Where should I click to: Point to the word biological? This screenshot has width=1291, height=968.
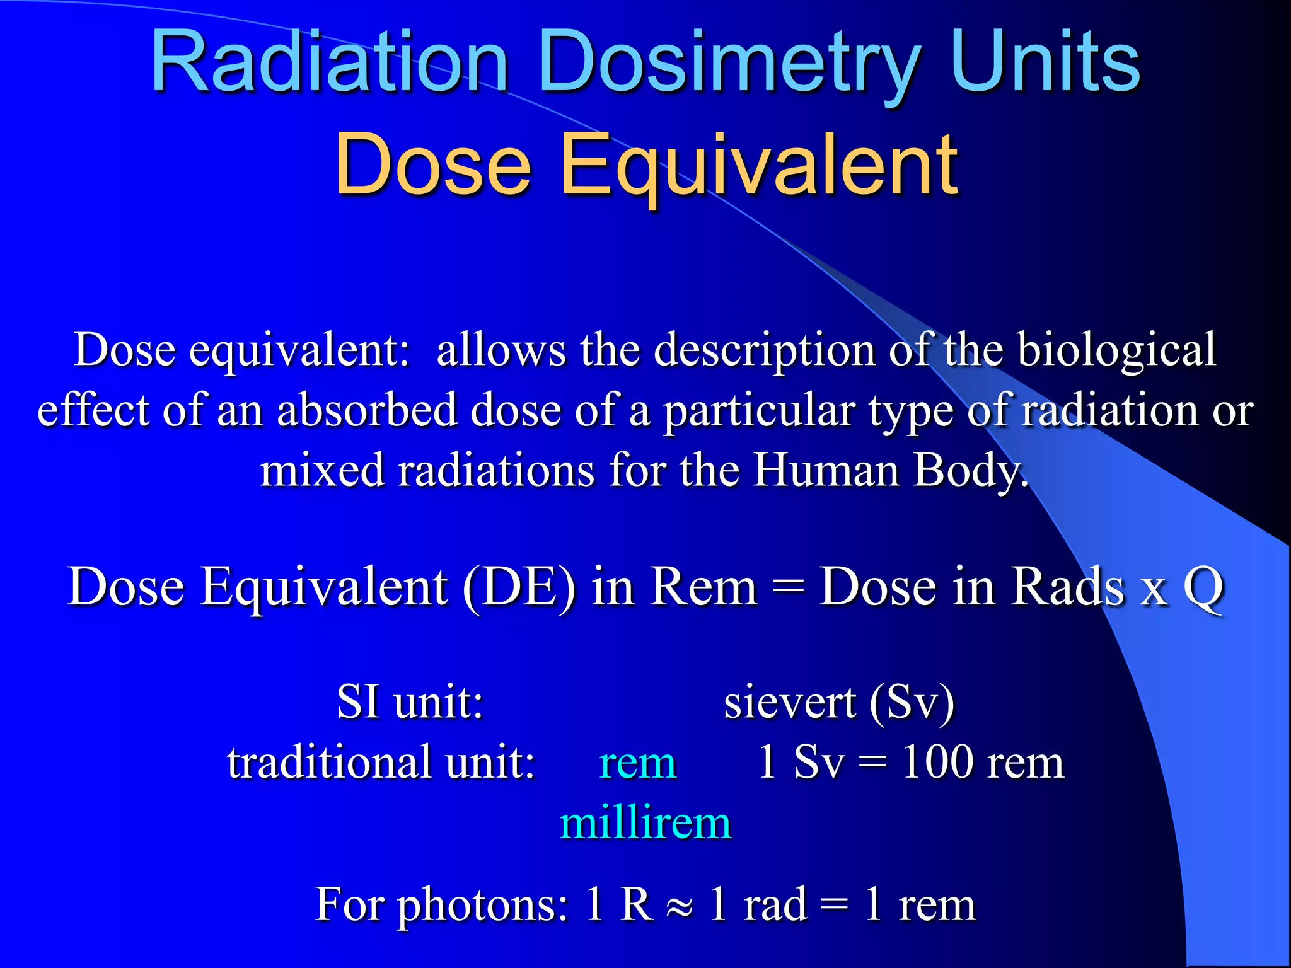tap(1116, 350)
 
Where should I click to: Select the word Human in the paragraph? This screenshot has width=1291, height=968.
tap(826, 470)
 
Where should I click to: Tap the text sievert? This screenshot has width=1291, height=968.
tap(789, 702)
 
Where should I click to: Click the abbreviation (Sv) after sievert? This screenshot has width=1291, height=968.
tap(912, 703)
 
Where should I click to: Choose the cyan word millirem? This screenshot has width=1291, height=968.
tap(645, 823)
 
